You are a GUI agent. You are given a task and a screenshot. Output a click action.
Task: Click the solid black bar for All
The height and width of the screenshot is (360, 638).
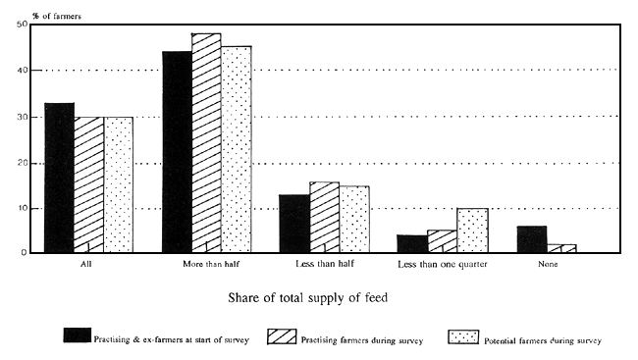pos(59,179)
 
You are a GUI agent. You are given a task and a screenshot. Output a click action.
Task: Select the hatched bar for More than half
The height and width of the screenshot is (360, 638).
pos(206,143)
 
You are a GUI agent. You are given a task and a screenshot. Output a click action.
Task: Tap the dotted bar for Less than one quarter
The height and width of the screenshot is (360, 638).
pos(472,231)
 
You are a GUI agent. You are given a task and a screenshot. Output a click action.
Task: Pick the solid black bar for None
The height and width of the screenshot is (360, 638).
pos(530,239)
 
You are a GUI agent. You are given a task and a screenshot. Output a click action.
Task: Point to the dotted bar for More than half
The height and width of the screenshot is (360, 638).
pos(236,149)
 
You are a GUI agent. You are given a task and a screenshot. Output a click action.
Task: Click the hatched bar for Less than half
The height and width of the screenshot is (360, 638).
pos(324,217)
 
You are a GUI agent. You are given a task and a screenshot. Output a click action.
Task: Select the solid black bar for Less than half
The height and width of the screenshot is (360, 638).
pos(294,224)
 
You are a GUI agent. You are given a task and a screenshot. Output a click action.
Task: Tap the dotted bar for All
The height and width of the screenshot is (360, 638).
pos(118,185)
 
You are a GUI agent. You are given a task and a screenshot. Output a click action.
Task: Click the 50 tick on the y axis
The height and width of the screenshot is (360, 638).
pos(22,25)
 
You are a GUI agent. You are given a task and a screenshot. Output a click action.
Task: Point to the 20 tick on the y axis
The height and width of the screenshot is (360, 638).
pos(22,163)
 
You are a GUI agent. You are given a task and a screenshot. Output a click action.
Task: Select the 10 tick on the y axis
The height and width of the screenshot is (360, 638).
pos(22,209)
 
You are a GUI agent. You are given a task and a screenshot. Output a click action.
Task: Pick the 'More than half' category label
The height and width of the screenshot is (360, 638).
pos(205,265)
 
